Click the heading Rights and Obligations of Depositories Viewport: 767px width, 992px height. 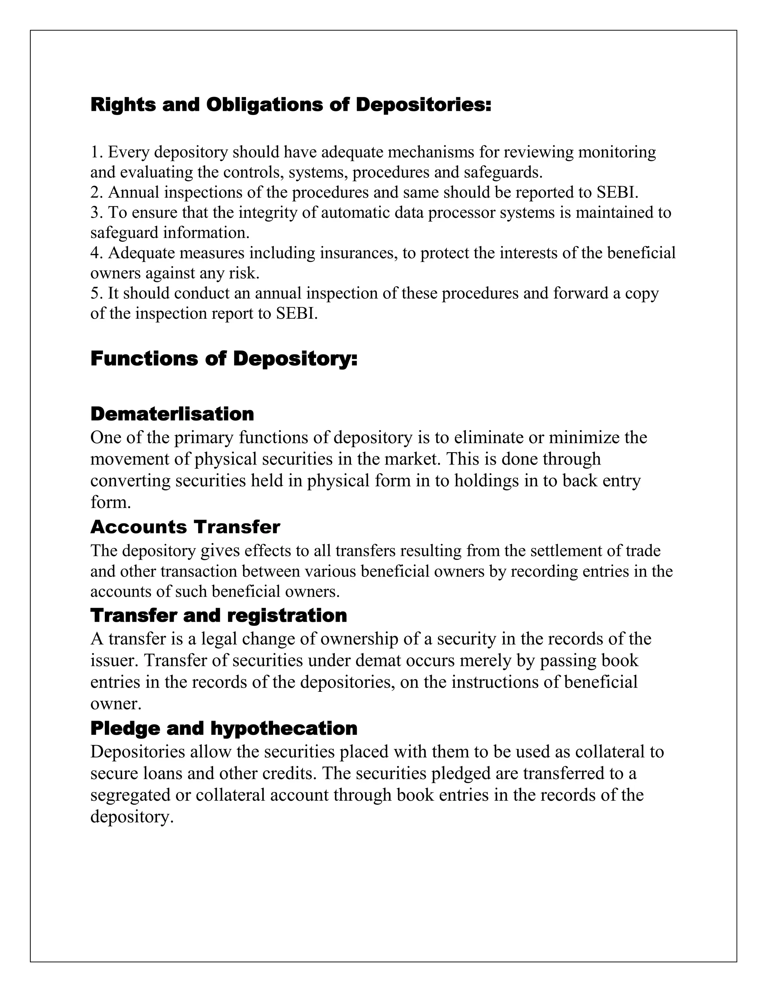(291, 105)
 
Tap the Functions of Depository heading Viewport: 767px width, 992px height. (224, 359)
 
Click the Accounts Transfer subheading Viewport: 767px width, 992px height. (185, 527)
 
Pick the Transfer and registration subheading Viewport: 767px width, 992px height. (219, 616)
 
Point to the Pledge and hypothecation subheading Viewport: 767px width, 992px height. (224, 728)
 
